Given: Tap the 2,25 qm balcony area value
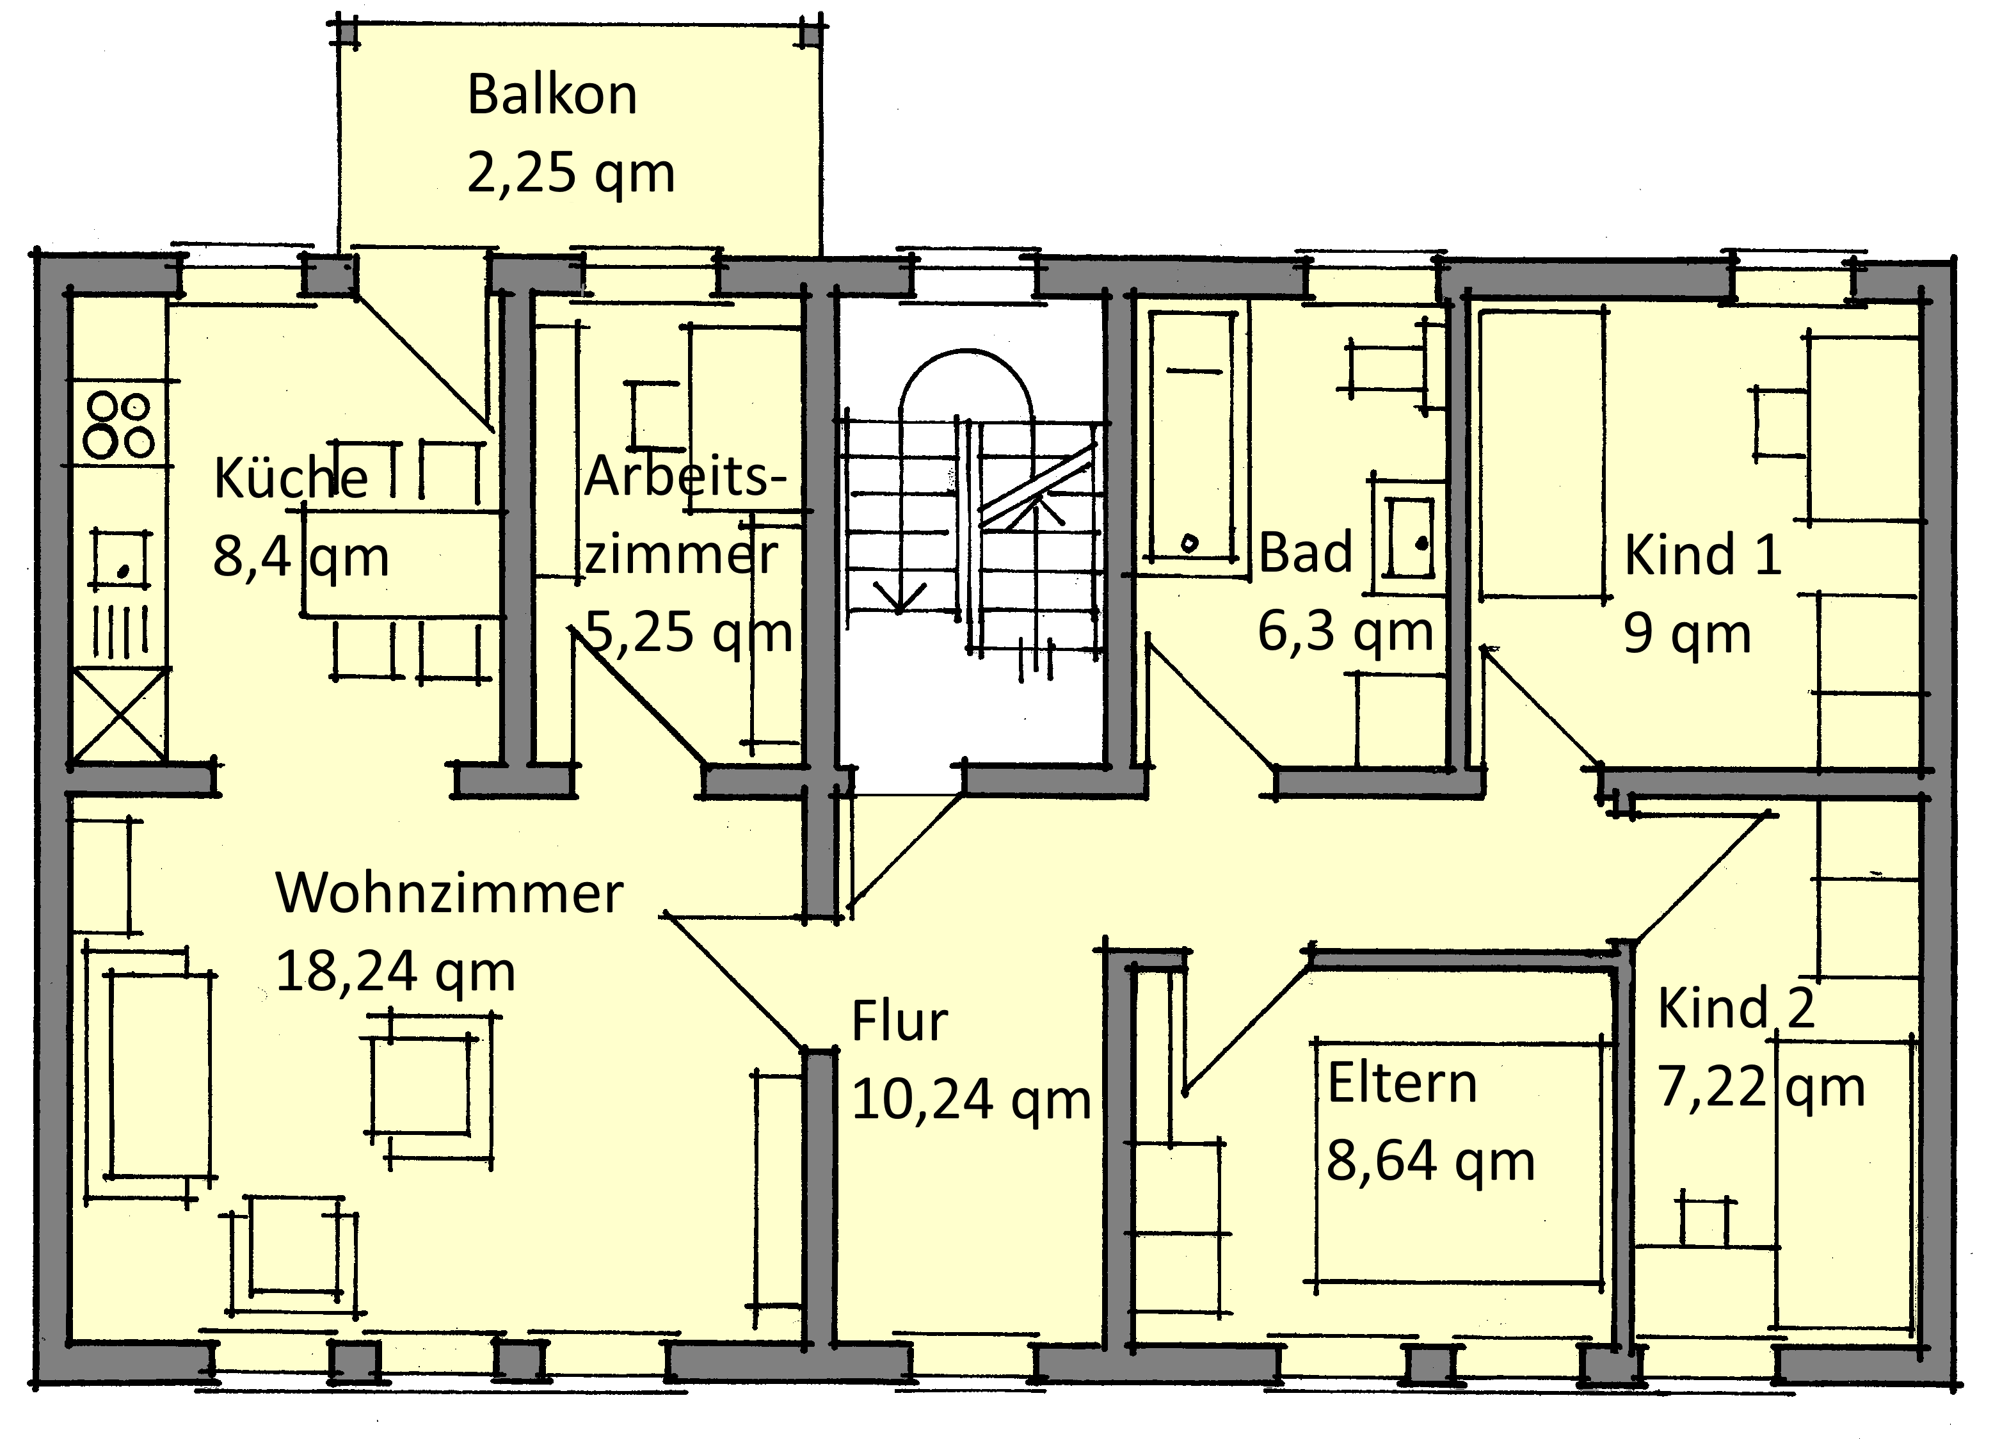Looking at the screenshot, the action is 571,173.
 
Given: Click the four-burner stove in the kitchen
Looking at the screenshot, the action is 118,426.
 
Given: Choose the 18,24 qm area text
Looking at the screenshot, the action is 396,972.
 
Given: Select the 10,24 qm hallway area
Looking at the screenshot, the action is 971,1100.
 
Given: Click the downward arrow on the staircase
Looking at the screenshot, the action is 900,510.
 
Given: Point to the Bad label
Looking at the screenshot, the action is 1305,553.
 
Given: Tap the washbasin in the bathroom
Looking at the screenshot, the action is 1408,537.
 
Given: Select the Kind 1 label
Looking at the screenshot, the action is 1702,556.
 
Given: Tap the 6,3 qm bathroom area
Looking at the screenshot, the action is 1345,632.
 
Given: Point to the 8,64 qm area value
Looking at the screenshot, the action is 1430,1161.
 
